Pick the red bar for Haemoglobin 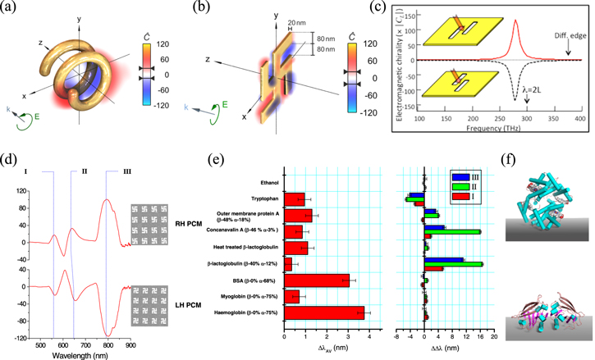pyautogui.click(x=323, y=314)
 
